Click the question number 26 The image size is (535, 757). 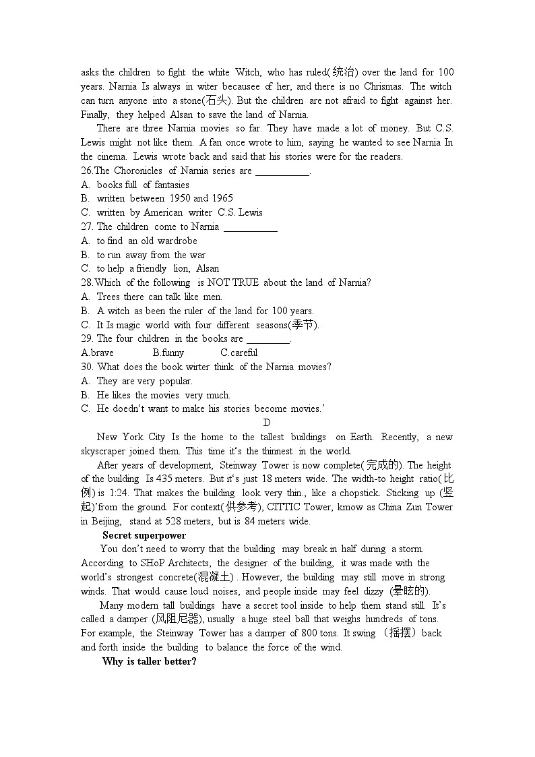point(87,171)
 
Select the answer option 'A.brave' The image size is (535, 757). point(97,353)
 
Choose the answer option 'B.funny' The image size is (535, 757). point(168,353)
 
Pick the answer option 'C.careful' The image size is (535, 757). point(239,353)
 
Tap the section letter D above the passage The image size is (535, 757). point(267,423)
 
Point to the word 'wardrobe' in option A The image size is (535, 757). point(178,241)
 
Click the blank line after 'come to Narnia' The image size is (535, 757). point(250,227)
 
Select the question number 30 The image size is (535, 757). point(87,367)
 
